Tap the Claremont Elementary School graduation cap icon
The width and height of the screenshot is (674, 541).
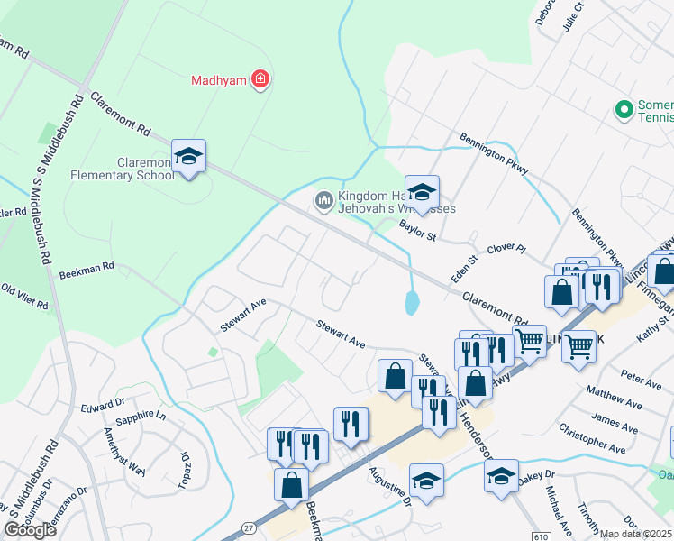pos(188,157)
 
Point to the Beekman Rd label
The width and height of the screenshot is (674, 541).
pos(87,267)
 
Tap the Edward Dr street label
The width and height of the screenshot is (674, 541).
pos(101,406)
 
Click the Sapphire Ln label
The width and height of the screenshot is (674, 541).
pos(136,417)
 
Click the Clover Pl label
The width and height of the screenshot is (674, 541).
pos(505,247)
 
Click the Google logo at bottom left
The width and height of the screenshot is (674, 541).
pos(31,530)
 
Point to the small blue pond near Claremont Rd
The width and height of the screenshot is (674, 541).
pos(412,303)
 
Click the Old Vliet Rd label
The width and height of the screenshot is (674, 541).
pos(24,297)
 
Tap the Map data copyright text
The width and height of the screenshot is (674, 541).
pos(636,534)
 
